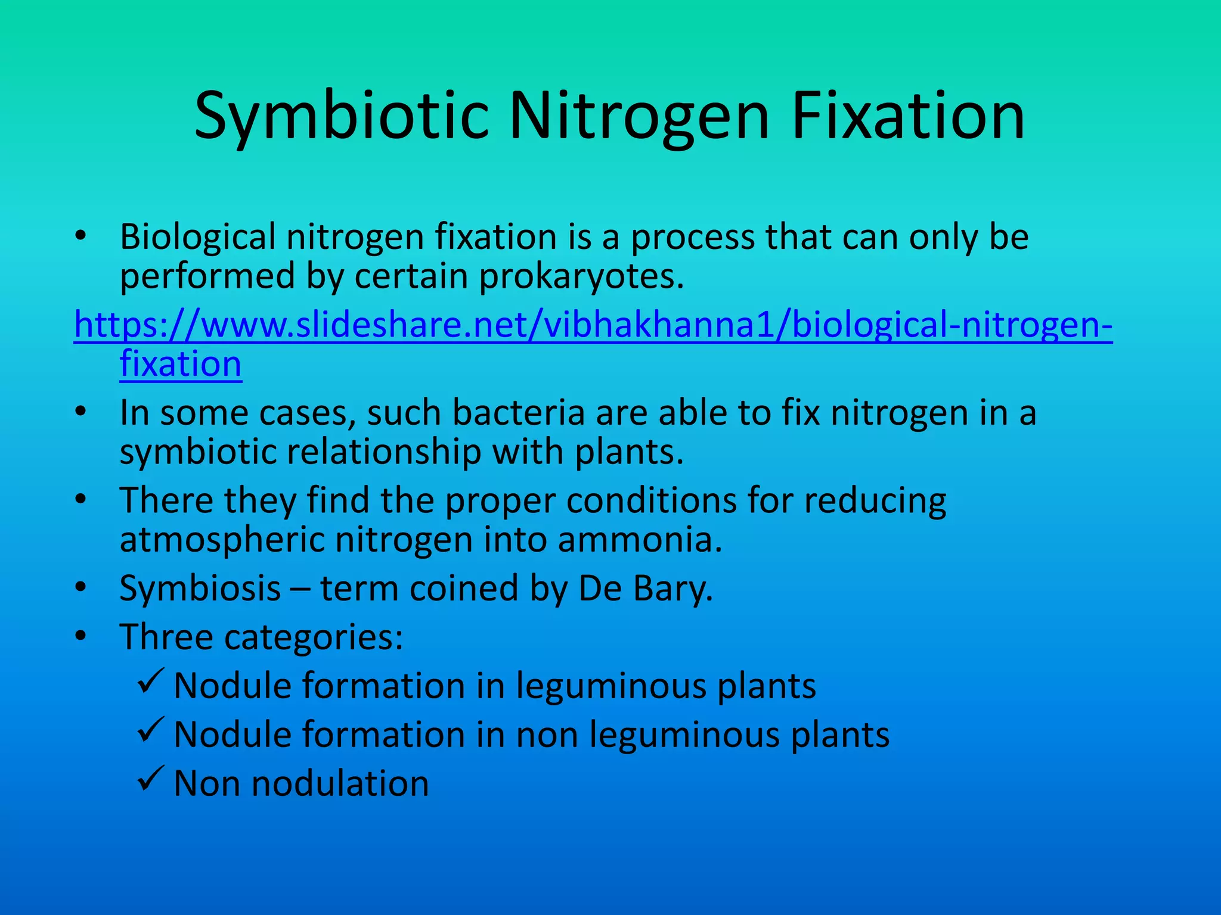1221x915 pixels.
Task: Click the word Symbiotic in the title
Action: (x=342, y=116)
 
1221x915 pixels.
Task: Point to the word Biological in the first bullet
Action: (x=197, y=237)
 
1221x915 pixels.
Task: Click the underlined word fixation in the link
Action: (x=181, y=364)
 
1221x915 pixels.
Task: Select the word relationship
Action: (x=384, y=452)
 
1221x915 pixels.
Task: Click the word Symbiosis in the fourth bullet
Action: (x=200, y=589)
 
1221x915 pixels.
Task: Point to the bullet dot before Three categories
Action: (x=81, y=636)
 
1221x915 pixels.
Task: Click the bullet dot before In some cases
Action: (x=81, y=412)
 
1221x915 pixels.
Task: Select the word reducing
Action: (x=875, y=500)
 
